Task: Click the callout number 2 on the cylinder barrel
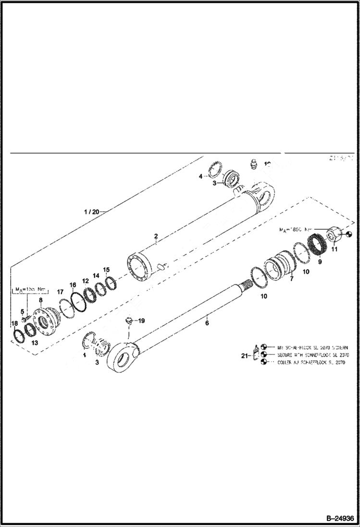(156, 236)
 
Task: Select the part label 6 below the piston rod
(207, 323)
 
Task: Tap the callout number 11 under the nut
(335, 249)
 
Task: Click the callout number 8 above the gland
(41, 300)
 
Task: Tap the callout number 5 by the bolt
(22, 311)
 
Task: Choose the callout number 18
(14, 323)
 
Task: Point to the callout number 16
(73, 285)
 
